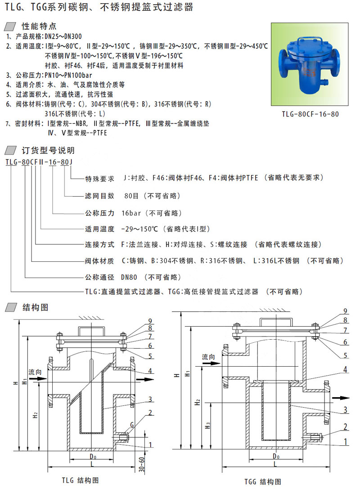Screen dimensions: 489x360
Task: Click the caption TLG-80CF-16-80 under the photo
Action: (310, 114)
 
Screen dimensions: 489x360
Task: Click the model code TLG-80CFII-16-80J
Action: (39, 162)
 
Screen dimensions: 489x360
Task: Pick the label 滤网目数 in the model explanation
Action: (100, 196)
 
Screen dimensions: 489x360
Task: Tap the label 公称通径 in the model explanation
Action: (100, 277)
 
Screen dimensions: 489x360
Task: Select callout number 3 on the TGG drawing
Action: (345, 410)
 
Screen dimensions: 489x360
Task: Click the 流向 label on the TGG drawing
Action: (208, 356)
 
